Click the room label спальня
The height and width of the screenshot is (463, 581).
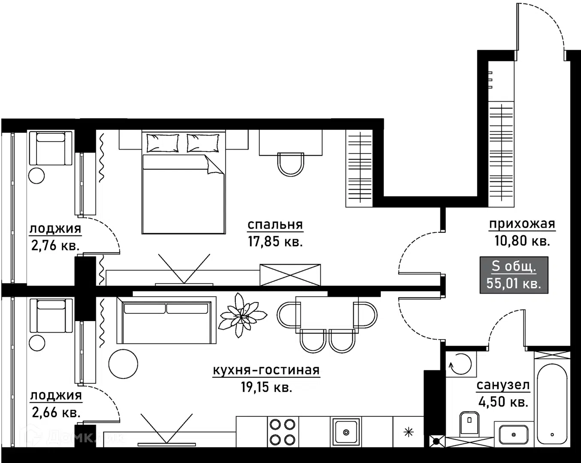point(275,225)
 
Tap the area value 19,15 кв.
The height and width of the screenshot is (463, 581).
point(267,388)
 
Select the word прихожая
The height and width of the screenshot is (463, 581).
point(522,224)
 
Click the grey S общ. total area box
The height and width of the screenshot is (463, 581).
point(514,275)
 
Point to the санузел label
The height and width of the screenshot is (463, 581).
point(503,385)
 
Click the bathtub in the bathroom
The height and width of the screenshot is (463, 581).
point(553,403)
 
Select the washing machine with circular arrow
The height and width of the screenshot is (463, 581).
point(461,364)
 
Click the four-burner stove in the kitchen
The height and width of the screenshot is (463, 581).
point(283,432)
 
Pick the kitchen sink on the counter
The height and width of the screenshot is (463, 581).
point(346,433)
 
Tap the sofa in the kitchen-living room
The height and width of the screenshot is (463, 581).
point(166,320)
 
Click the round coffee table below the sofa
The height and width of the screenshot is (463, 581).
point(123,364)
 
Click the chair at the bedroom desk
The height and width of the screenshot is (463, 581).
point(291,164)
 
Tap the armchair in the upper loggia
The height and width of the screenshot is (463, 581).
point(51,148)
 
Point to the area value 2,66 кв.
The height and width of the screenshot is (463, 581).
point(56,412)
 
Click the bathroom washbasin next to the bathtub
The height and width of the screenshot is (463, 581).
point(514,435)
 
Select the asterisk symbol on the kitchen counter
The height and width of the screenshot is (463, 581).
point(409,433)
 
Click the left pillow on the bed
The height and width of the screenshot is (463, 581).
point(163,143)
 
